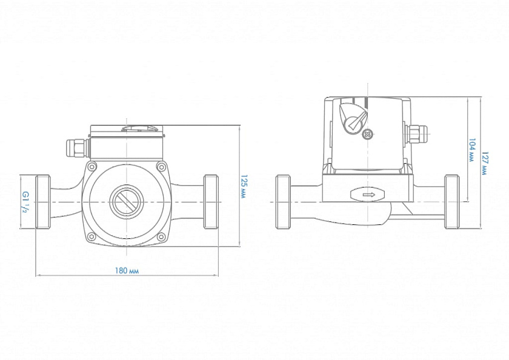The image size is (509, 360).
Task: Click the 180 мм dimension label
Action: click(x=126, y=270)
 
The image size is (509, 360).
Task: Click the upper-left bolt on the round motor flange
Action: click(x=91, y=167)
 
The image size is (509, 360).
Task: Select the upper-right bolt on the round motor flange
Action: click(x=161, y=167)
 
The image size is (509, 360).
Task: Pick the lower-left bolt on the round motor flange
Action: click(x=91, y=236)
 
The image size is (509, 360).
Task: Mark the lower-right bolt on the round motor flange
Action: click(x=161, y=236)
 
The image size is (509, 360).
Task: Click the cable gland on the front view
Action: click(x=75, y=147)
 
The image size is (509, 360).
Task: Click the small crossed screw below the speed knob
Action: click(x=366, y=135)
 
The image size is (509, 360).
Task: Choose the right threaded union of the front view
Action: click(x=210, y=202)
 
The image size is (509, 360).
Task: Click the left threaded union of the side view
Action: click(x=283, y=202)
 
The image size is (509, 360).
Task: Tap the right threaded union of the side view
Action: click(x=451, y=202)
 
